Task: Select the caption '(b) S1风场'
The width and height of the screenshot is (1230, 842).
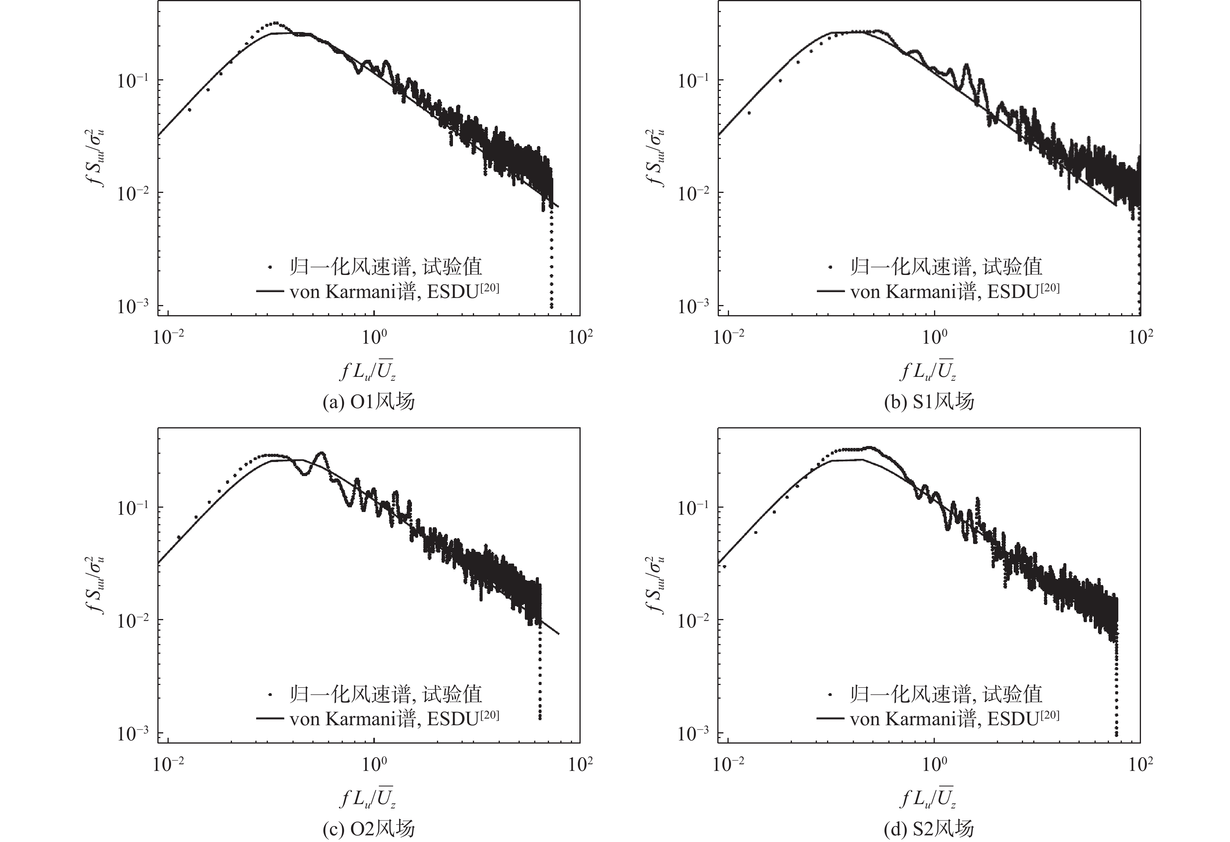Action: (x=929, y=402)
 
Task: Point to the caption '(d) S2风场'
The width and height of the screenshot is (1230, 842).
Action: (x=929, y=829)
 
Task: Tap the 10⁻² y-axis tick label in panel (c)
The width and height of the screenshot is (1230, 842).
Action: (x=133, y=620)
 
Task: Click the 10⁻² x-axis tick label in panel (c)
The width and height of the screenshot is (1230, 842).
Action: (x=169, y=765)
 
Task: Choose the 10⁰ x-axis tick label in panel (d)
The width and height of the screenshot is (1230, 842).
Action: (x=934, y=765)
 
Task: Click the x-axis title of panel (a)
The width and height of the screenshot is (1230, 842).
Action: (x=368, y=371)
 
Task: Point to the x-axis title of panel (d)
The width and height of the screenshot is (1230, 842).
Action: (x=928, y=797)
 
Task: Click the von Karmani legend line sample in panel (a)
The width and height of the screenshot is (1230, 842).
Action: (x=270, y=291)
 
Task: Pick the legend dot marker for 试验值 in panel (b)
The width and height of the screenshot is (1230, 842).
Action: (x=831, y=267)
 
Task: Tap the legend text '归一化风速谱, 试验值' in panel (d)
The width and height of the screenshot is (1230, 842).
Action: (x=946, y=694)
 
